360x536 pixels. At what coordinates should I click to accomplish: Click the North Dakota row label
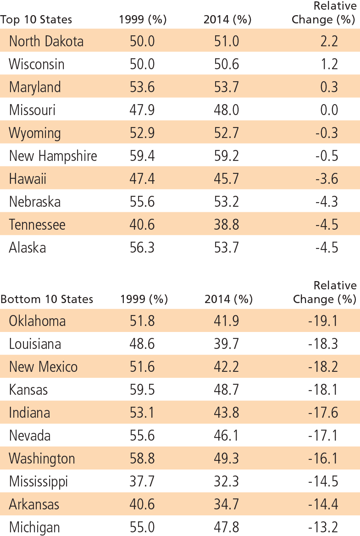click(x=46, y=41)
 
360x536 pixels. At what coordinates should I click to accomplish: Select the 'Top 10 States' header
click(x=36, y=20)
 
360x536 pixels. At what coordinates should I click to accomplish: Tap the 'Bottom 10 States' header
click(x=47, y=299)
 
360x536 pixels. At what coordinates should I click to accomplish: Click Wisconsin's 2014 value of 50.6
click(x=227, y=64)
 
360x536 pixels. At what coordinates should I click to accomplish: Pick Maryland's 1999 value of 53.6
click(x=142, y=87)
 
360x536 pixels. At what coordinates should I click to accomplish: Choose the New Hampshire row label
click(x=53, y=156)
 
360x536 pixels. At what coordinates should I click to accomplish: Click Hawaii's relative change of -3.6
click(x=327, y=179)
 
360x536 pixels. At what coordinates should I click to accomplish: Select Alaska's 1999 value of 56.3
click(x=142, y=248)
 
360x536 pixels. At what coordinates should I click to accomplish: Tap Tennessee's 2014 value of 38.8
click(x=227, y=225)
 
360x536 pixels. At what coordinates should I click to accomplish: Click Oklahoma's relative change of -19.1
click(x=323, y=321)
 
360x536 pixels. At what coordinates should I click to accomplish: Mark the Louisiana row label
click(x=35, y=344)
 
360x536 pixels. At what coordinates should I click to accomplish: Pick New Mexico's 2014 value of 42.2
click(x=227, y=367)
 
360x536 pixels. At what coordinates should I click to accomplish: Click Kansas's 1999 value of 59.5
click(x=142, y=390)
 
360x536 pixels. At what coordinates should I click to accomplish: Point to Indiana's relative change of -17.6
click(x=323, y=413)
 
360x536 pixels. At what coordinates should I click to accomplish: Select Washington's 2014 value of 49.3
click(x=227, y=459)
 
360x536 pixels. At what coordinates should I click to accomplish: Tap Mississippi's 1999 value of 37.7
click(x=142, y=481)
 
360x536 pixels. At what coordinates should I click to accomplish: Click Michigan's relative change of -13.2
click(x=323, y=527)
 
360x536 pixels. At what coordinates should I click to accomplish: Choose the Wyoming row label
click(x=35, y=133)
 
